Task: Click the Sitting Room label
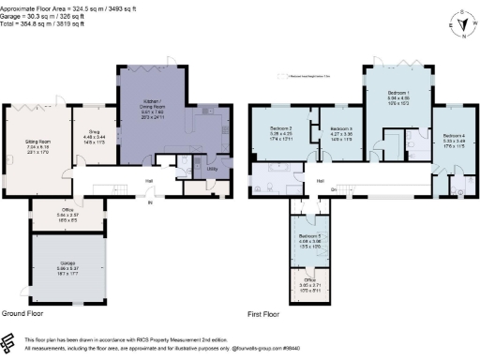pos(43,142)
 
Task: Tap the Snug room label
pos(94,132)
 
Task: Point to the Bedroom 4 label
pos(454,136)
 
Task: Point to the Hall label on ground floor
pos(148,180)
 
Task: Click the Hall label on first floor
pos(320,181)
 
